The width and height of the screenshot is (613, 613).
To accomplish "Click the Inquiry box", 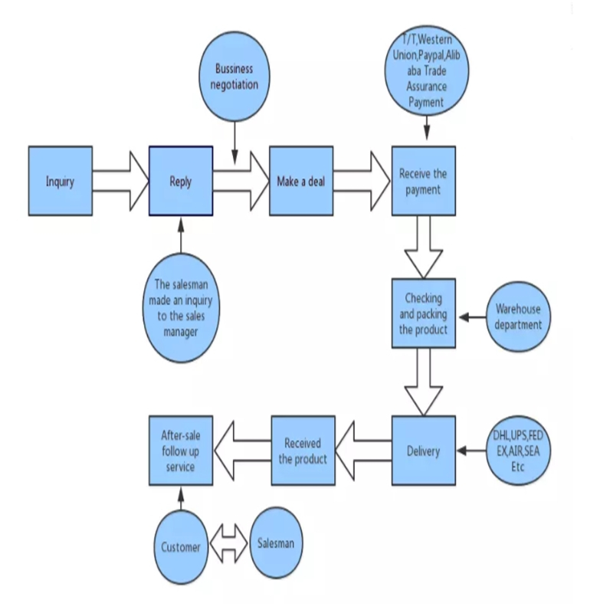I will (61, 181).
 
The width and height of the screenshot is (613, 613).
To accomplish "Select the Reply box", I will (181, 181).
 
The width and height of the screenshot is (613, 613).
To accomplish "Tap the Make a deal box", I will (301, 181).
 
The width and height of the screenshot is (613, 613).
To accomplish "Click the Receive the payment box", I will (423, 181).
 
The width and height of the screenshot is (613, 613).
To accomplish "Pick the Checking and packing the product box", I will (423, 311).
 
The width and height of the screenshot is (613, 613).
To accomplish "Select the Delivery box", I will (423, 451).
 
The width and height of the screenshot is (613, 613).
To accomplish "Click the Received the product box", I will (303, 451).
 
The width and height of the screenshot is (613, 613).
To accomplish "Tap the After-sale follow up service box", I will (180, 451).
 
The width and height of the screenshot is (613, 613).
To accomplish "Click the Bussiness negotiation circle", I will (235, 76).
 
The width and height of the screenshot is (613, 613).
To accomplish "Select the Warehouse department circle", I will (518, 316).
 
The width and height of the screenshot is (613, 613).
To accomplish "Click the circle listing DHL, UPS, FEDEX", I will (519, 451).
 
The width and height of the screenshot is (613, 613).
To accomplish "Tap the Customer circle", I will (181, 546).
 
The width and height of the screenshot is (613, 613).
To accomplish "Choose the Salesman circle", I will (276, 544).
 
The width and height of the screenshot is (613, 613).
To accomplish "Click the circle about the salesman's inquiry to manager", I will (181, 309).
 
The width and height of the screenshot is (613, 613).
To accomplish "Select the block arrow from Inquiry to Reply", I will (120, 181).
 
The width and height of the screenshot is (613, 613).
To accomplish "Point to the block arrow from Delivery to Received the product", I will (364, 451).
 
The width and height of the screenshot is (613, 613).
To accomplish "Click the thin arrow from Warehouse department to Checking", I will (472, 316).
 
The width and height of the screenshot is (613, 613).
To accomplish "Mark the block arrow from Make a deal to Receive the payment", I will (362, 181).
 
